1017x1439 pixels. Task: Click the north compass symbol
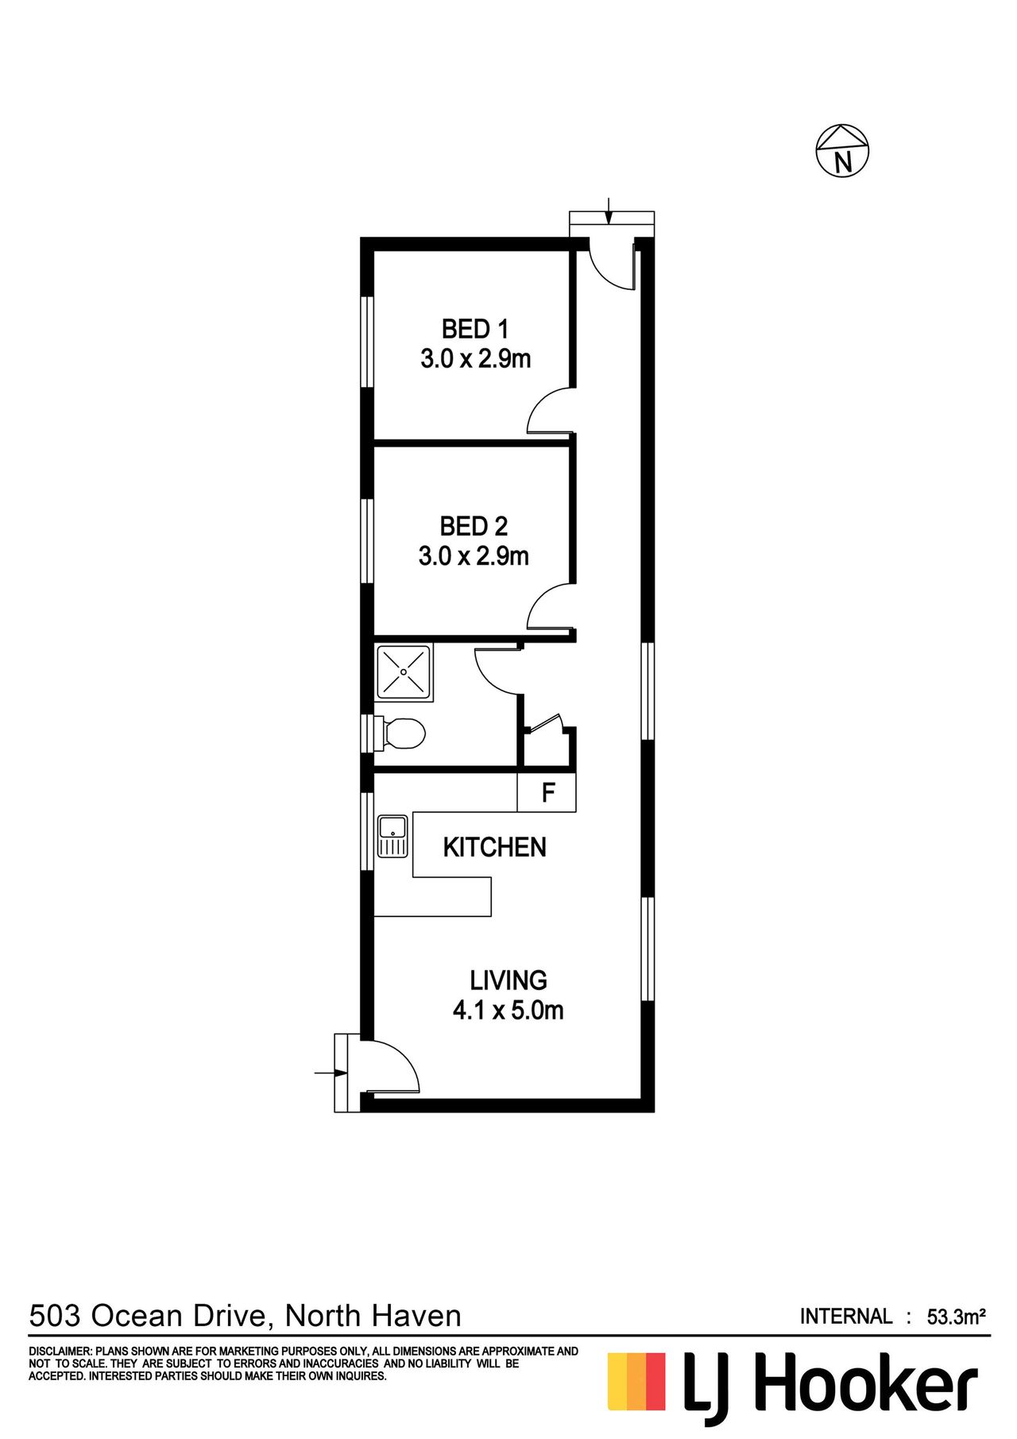tap(842, 151)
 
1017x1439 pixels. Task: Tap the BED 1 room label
tap(474, 329)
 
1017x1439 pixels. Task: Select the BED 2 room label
tap(474, 526)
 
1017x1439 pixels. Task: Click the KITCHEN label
tap(494, 847)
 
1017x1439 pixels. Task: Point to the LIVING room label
tap(508, 980)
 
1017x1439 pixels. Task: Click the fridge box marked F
tap(547, 792)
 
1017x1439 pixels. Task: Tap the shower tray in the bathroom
tap(404, 673)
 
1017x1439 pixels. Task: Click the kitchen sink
tap(392, 837)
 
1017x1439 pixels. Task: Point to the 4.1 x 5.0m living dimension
tap(508, 1011)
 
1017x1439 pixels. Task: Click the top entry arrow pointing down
tap(609, 211)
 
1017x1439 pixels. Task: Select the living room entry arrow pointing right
tap(331, 1073)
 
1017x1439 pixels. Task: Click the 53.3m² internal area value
tap(957, 1317)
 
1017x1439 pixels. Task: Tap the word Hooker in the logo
tap(865, 1387)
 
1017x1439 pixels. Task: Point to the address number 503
tap(55, 1316)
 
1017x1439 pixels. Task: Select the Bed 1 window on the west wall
tap(367, 342)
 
